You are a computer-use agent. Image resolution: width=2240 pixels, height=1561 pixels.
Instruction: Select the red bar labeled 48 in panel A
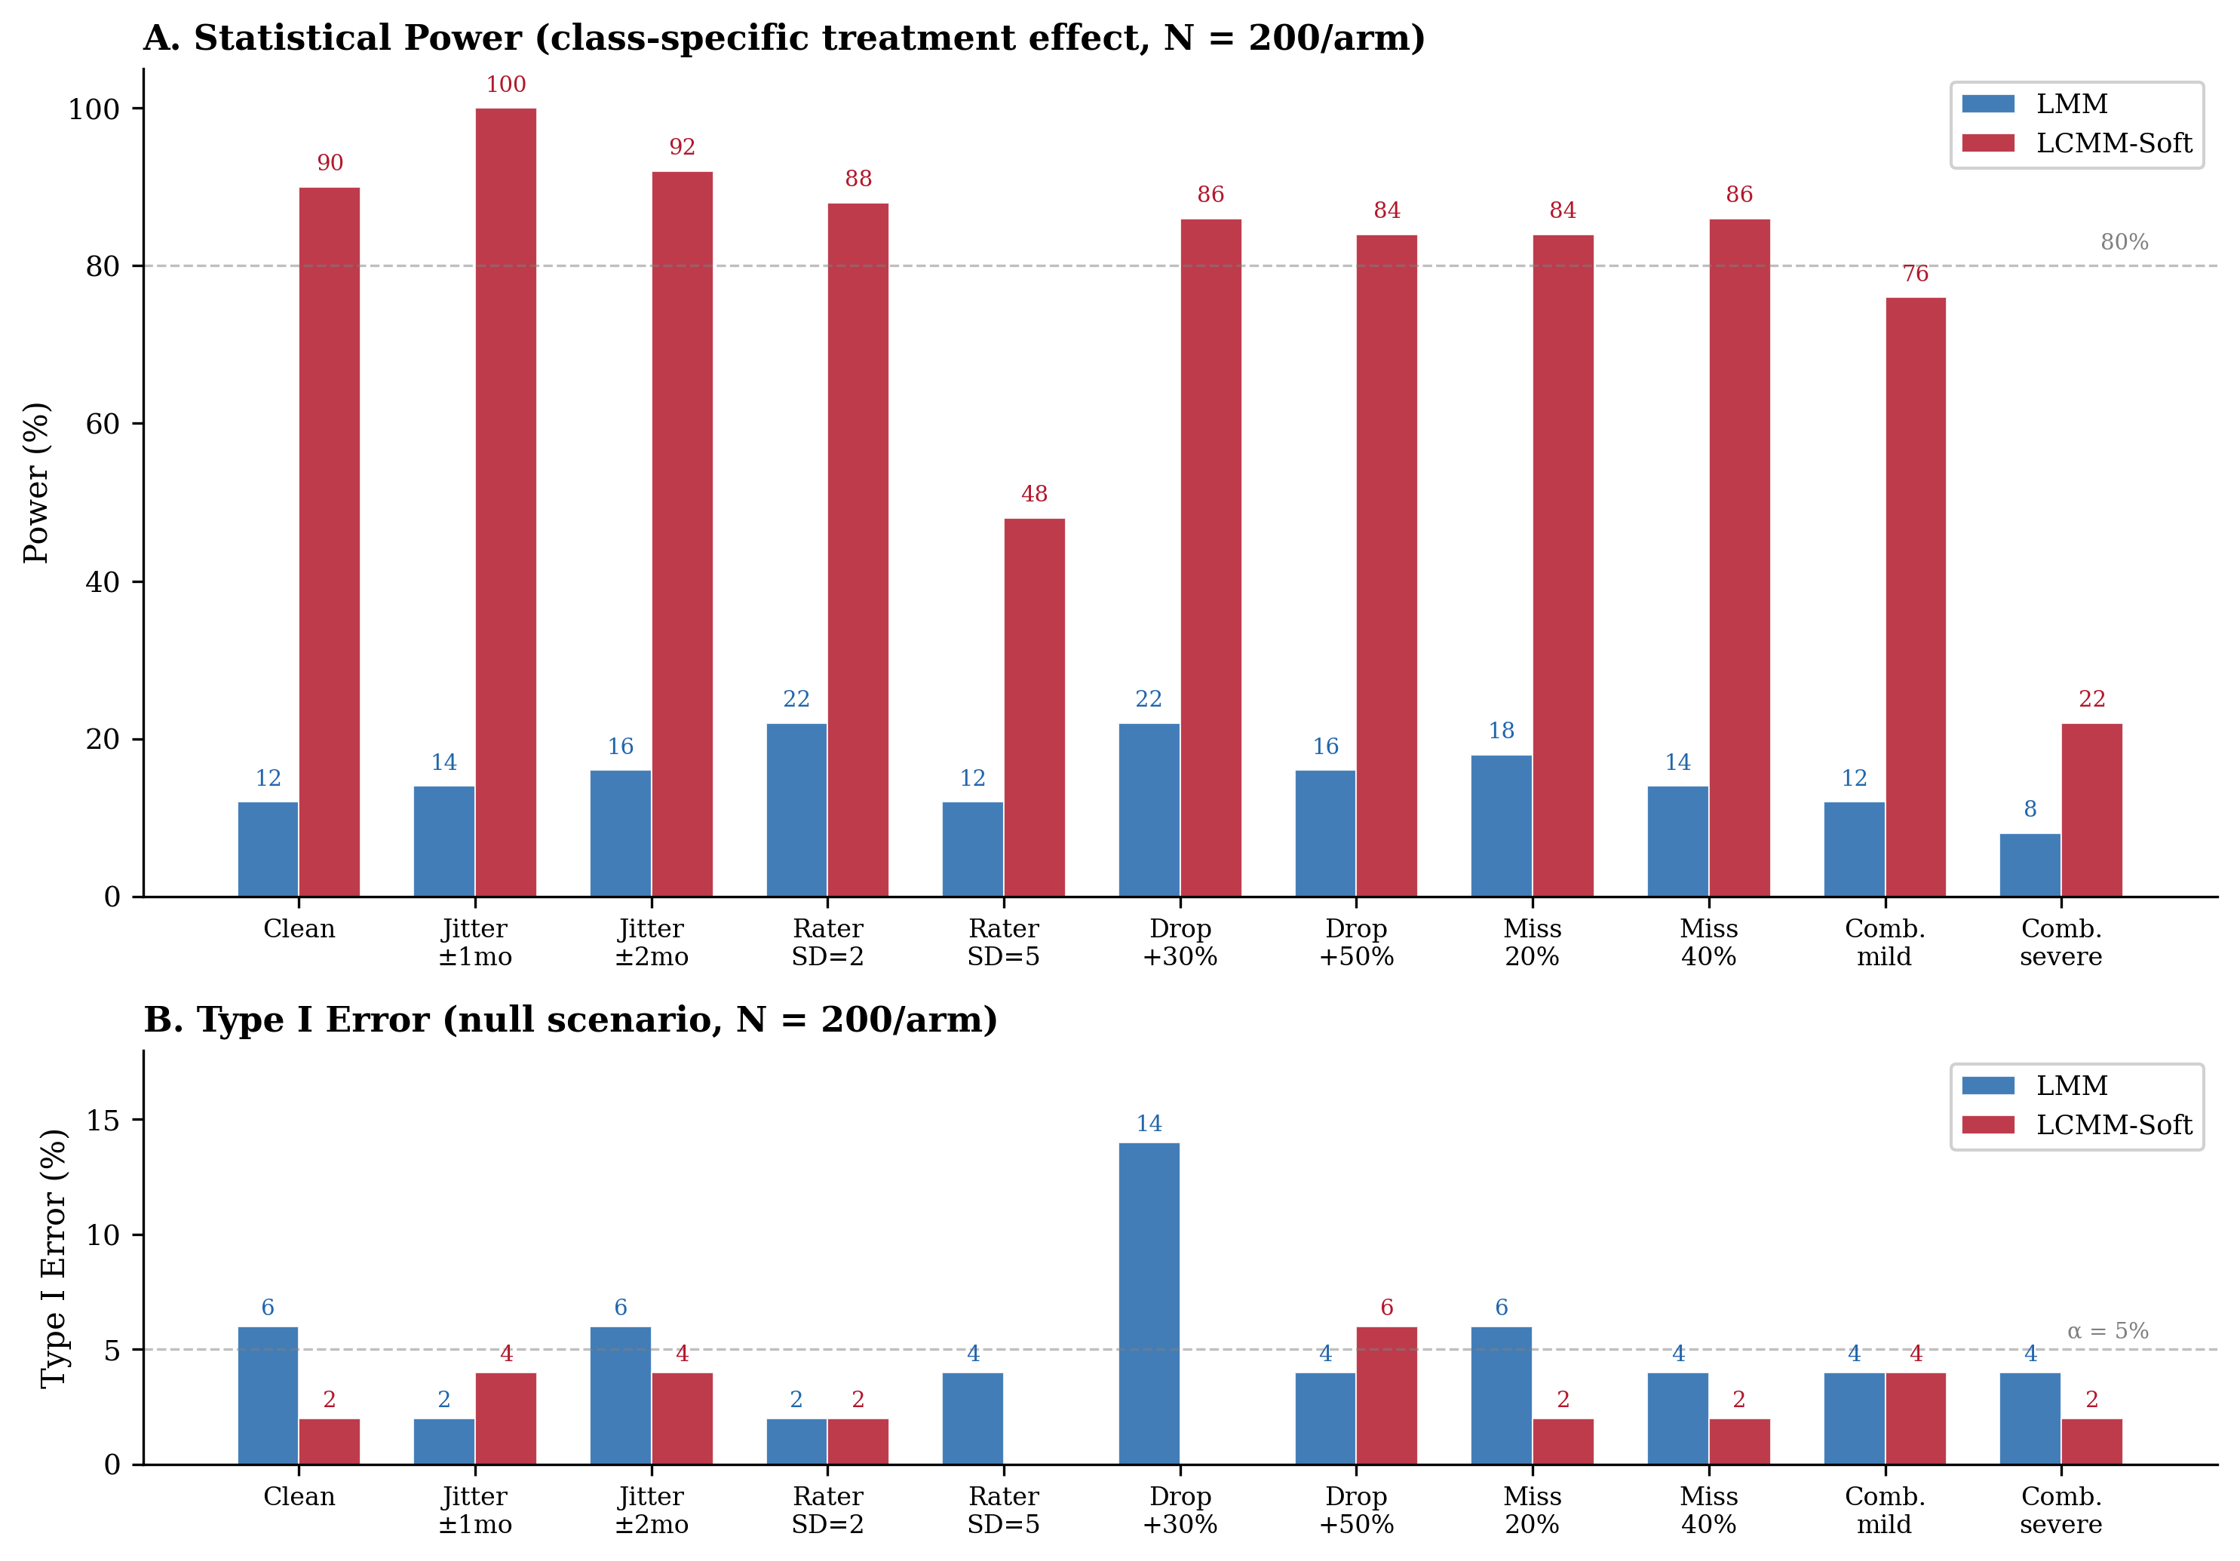[x=1034, y=707]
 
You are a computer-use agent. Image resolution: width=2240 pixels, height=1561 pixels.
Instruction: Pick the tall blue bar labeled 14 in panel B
[x=1149, y=1302]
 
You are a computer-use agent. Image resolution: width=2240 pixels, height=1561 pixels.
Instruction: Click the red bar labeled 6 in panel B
[x=1385, y=1395]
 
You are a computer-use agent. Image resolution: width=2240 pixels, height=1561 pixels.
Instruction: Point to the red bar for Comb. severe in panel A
[x=2091, y=810]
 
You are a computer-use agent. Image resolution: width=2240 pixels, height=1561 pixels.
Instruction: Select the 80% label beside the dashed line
[x=2124, y=242]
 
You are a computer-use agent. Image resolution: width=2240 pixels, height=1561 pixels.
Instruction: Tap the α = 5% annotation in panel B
[x=2107, y=1331]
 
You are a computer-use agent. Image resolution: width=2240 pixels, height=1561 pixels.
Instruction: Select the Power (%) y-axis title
[x=36, y=482]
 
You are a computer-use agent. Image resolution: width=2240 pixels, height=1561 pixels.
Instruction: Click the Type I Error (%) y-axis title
[x=54, y=1259]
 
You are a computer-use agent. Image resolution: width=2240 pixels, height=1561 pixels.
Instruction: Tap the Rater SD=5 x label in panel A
[x=1003, y=943]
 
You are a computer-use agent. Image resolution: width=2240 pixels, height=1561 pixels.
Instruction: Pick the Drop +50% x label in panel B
[x=1355, y=1510]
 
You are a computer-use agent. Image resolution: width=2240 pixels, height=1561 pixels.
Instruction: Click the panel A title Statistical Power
[x=784, y=38]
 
